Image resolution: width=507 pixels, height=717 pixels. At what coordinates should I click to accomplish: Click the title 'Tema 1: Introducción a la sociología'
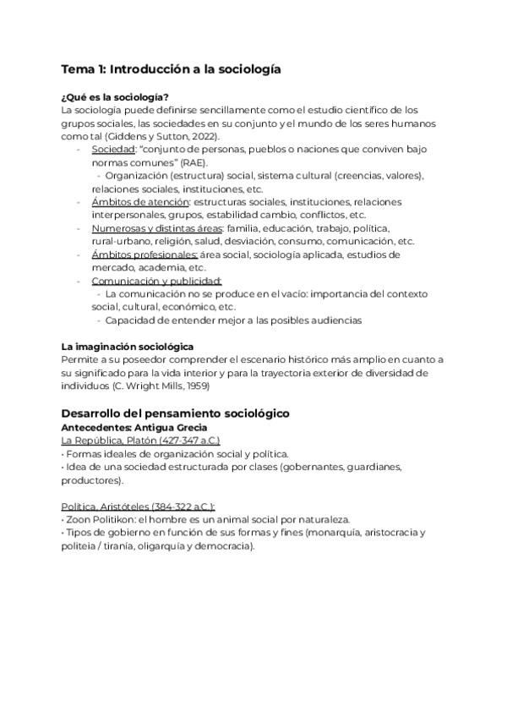171,68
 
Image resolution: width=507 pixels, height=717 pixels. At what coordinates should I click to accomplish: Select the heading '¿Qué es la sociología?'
115,96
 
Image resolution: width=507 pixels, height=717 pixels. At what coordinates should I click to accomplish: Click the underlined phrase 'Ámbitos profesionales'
144,255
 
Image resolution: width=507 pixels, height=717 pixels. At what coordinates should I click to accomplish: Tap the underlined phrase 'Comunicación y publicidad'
156,281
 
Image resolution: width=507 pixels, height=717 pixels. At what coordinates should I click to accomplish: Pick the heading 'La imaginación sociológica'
128,347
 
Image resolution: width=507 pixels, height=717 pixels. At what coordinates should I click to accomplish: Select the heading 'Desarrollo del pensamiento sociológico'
176,413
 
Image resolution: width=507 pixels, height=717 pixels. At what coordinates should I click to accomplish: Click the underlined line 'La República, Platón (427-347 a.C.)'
141,441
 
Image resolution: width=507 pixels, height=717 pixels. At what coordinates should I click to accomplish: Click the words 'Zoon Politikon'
96,519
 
